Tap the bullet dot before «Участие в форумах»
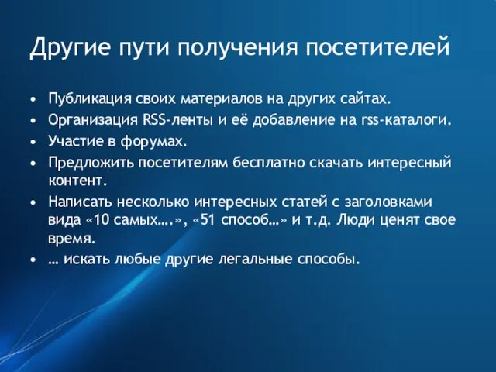(33, 142)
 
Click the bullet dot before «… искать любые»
(33, 260)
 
